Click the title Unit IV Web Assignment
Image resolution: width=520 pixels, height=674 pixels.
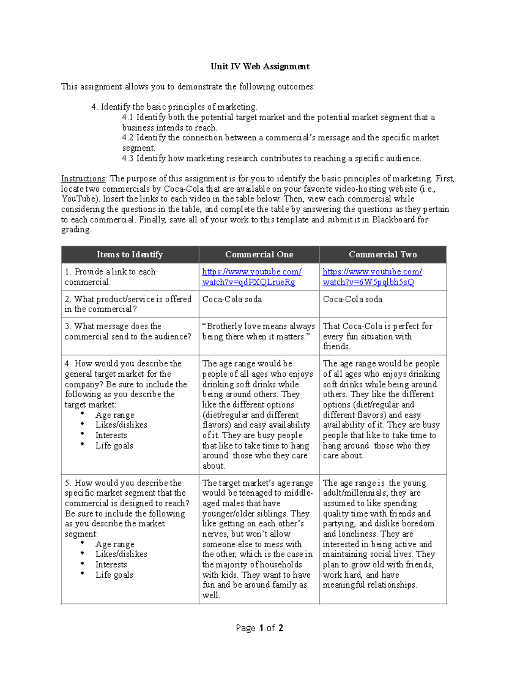[260, 66]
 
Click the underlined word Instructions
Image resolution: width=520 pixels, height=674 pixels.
[83, 179]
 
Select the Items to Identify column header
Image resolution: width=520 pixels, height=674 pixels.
[130, 255]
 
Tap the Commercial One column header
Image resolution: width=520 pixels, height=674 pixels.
[259, 255]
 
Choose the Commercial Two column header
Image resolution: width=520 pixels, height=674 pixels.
[383, 255]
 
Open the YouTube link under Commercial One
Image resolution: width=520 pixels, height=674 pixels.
[251, 277]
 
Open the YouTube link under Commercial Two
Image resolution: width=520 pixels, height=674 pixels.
[372, 277]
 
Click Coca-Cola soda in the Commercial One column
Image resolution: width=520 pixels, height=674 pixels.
[232, 299]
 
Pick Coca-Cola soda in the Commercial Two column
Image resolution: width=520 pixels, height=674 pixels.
[352, 299]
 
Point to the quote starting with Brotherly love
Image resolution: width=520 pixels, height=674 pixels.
[258, 332]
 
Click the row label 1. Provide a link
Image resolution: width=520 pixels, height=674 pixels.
[110, 277]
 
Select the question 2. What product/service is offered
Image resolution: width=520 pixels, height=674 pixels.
[128, 304]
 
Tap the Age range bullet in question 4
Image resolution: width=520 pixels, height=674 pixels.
[115, 415]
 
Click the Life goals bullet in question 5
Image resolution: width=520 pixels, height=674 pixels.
[114, 575]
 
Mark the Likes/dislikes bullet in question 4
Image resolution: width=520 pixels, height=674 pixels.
[121, 425]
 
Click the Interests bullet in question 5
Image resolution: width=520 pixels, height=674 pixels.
[111, 565]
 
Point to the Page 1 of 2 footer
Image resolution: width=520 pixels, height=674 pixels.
[260, 628]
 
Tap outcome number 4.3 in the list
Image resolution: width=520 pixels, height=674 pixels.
[128, 158]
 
